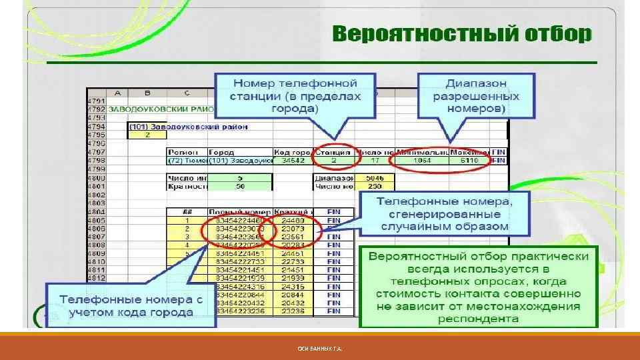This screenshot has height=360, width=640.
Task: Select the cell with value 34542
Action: [x=294, y=160]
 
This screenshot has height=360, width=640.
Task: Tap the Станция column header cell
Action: [x=333, y=152]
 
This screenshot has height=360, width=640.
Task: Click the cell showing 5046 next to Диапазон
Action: [x=371, y=179]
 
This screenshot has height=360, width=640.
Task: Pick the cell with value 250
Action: [x=371, y=187]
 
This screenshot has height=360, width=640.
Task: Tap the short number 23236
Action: [x=293, y=311]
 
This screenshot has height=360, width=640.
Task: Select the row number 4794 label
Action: [x=98, y=125]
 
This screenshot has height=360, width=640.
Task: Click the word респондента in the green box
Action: [x=478, y=317]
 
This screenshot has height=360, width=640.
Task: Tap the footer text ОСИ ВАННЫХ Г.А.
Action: [x=320, y=349]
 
